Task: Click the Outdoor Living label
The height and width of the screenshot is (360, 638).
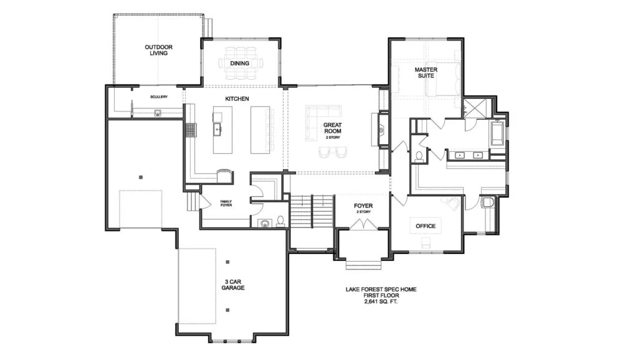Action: [x=159, y=50]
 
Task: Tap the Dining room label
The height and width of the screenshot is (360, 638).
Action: [x=240, y=64]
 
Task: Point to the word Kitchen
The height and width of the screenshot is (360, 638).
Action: [x=237, y=99]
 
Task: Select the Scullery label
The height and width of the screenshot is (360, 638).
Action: [x=159, y=97]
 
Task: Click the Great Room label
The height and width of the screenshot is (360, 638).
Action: [x=333, y=128]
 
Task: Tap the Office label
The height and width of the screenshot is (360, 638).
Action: [x=426, y=226]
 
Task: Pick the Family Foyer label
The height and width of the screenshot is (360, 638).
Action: [x=226, y=203]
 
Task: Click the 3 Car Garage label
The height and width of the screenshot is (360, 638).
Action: [x=233, y=285]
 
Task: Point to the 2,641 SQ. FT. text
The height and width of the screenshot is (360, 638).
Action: [x=381, y=302]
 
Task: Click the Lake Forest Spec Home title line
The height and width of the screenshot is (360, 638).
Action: [x=381, y=290]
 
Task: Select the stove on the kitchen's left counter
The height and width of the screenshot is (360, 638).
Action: [x=191, y=130]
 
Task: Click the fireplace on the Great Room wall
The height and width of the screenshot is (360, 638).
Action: [x=382, y=130]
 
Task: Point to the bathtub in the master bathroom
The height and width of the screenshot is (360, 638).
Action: [x=497, y=133]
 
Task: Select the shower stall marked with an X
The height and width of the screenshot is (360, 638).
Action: [x=478, y=108]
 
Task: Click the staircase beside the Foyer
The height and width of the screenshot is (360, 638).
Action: [x=312, y=211]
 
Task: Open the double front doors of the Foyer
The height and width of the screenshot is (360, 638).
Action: [x=363, y=225]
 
